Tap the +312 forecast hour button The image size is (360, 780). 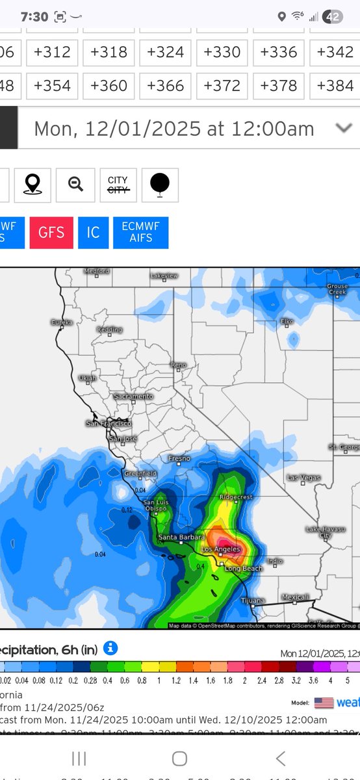click(x=53, y=52)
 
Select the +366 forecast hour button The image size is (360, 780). click(x=165, y=86)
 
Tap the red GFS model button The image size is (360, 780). click(x=51, y=233)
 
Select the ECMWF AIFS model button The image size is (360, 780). click(x=141, y=233)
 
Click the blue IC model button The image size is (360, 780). click(x=93, y=233)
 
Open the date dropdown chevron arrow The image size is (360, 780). click(x=344, y=128)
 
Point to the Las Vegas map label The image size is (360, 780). click(x=303, y=478)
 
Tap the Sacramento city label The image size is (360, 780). click(x=133, y=396)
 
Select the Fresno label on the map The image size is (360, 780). click(x=179, y=458)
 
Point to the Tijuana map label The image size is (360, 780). click(x=253, y=601)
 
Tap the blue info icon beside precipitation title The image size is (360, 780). click(x=111, y=648)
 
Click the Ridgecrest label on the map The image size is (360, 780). click(x=235, y=497)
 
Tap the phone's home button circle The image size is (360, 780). click(x=179, y=759)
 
